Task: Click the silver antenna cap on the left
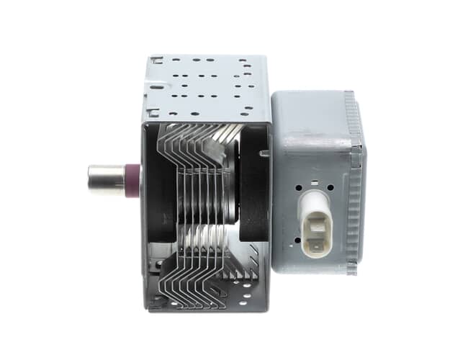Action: (x=105, y=180)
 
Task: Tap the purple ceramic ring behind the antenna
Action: (x=132, y=181)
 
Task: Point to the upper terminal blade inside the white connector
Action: (x=314, y=215)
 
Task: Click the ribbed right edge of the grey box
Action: (x=354, y=180)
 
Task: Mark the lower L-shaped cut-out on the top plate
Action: (x=153, y=112)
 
